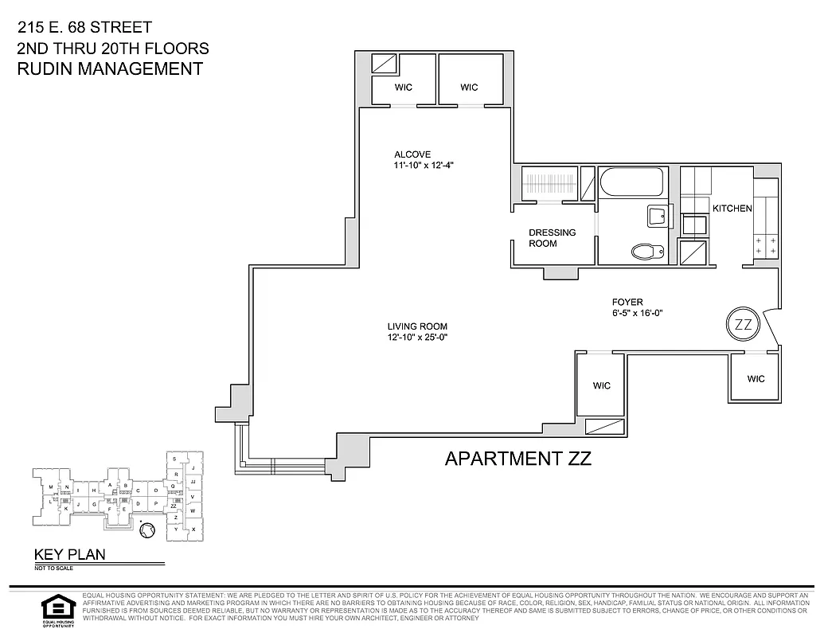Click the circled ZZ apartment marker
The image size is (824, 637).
click(x=742, y=324)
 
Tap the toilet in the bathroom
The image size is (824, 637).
click(x=647, y=252)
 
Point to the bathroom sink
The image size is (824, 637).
click(x=658, y=216)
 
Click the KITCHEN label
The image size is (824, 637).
click(x=732, y=209)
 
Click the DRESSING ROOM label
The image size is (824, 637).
click(x=553, y=238)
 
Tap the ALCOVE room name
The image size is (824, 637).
click(x=412, y=154)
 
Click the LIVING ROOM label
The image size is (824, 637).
click(x=417, y=326)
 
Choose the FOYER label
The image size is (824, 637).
click(x=627, y=302)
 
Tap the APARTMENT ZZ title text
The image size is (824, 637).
click(x=517, y=459)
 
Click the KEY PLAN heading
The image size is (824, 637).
click(x=69, y=555)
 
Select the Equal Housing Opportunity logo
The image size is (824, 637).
click(x=56, y=611)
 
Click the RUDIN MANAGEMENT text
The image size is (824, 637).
click(x=110, y=68)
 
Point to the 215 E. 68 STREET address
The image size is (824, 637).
click(x=84, y=29)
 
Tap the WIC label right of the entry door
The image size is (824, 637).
click(x=756, y=379)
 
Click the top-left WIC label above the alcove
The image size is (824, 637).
click(x=404, y=88)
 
